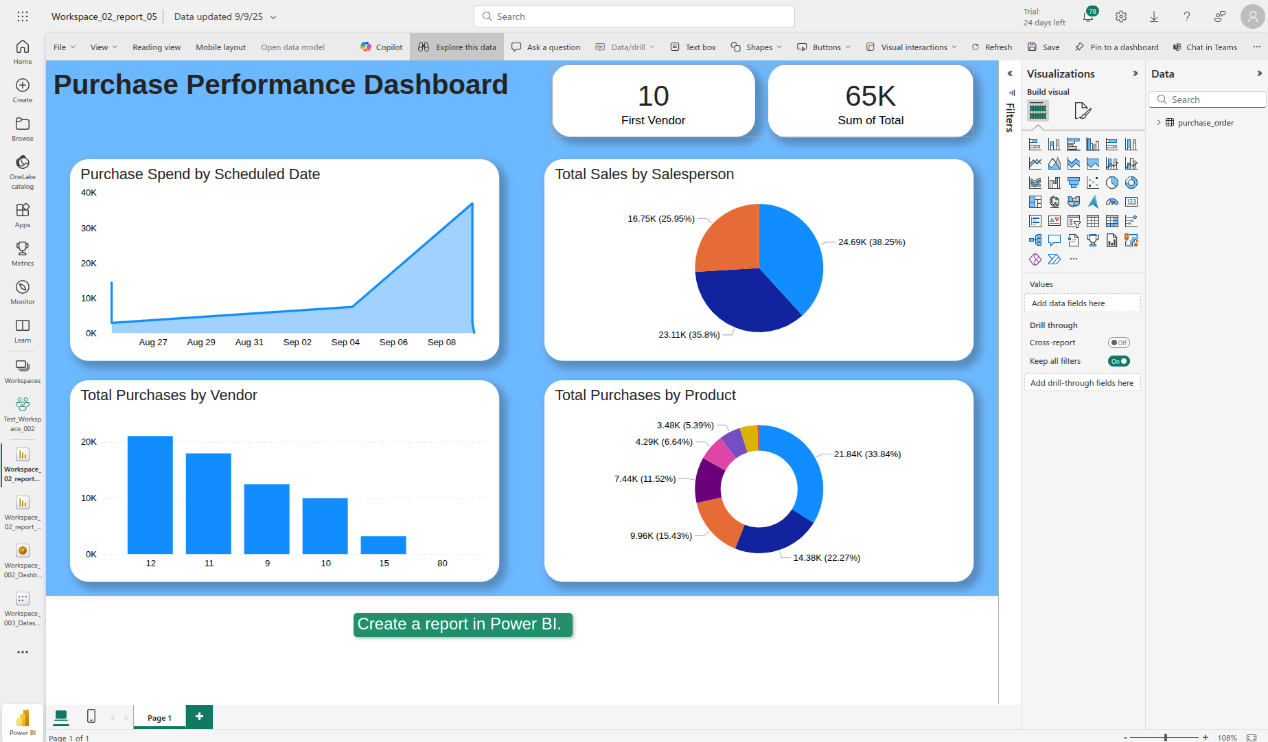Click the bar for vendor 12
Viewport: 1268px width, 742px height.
(150, 494)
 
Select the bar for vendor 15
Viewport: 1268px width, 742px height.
(383, 545)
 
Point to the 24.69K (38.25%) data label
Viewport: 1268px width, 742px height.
(871, 242)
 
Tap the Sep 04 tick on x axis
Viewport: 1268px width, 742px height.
(345, 343)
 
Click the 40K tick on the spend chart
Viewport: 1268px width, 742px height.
(89, 193)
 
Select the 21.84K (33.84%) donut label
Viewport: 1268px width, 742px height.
(867, 454)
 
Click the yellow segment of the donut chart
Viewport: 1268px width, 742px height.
(750, 438)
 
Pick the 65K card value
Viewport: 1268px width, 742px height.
(871, 96)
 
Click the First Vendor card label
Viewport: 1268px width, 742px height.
(653, 121)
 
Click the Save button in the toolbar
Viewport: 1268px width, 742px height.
(1044, 47)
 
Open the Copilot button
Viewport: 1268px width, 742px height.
(382, 47)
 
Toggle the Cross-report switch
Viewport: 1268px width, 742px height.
(1118, 343)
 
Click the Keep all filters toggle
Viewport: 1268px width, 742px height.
(1118, 361)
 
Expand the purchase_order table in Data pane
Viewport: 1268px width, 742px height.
(1159, 123)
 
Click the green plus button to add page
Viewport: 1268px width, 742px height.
(199, 717)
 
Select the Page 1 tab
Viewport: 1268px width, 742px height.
(159, 718)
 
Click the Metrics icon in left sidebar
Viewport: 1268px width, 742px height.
(23, 253)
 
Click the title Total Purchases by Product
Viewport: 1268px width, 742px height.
(645, 395)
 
